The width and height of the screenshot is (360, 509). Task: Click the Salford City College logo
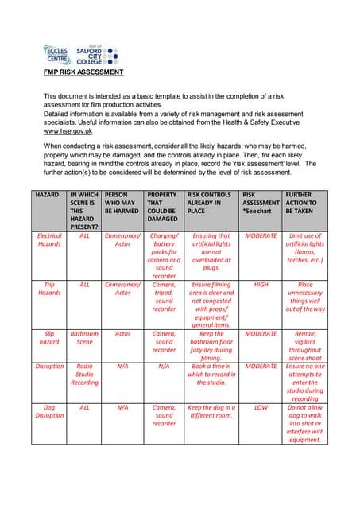(96, 54)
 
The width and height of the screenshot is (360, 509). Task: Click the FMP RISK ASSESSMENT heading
(83, 72)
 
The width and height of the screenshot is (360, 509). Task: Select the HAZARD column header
(47, 195)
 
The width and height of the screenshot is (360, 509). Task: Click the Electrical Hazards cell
(49, 241)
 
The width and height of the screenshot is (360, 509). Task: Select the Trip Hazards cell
(49, 289)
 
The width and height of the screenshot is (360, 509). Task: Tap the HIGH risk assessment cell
(261, 284)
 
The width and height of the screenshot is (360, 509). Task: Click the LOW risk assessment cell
(261, 408)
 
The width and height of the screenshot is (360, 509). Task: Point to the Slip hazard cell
(49, 339)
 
